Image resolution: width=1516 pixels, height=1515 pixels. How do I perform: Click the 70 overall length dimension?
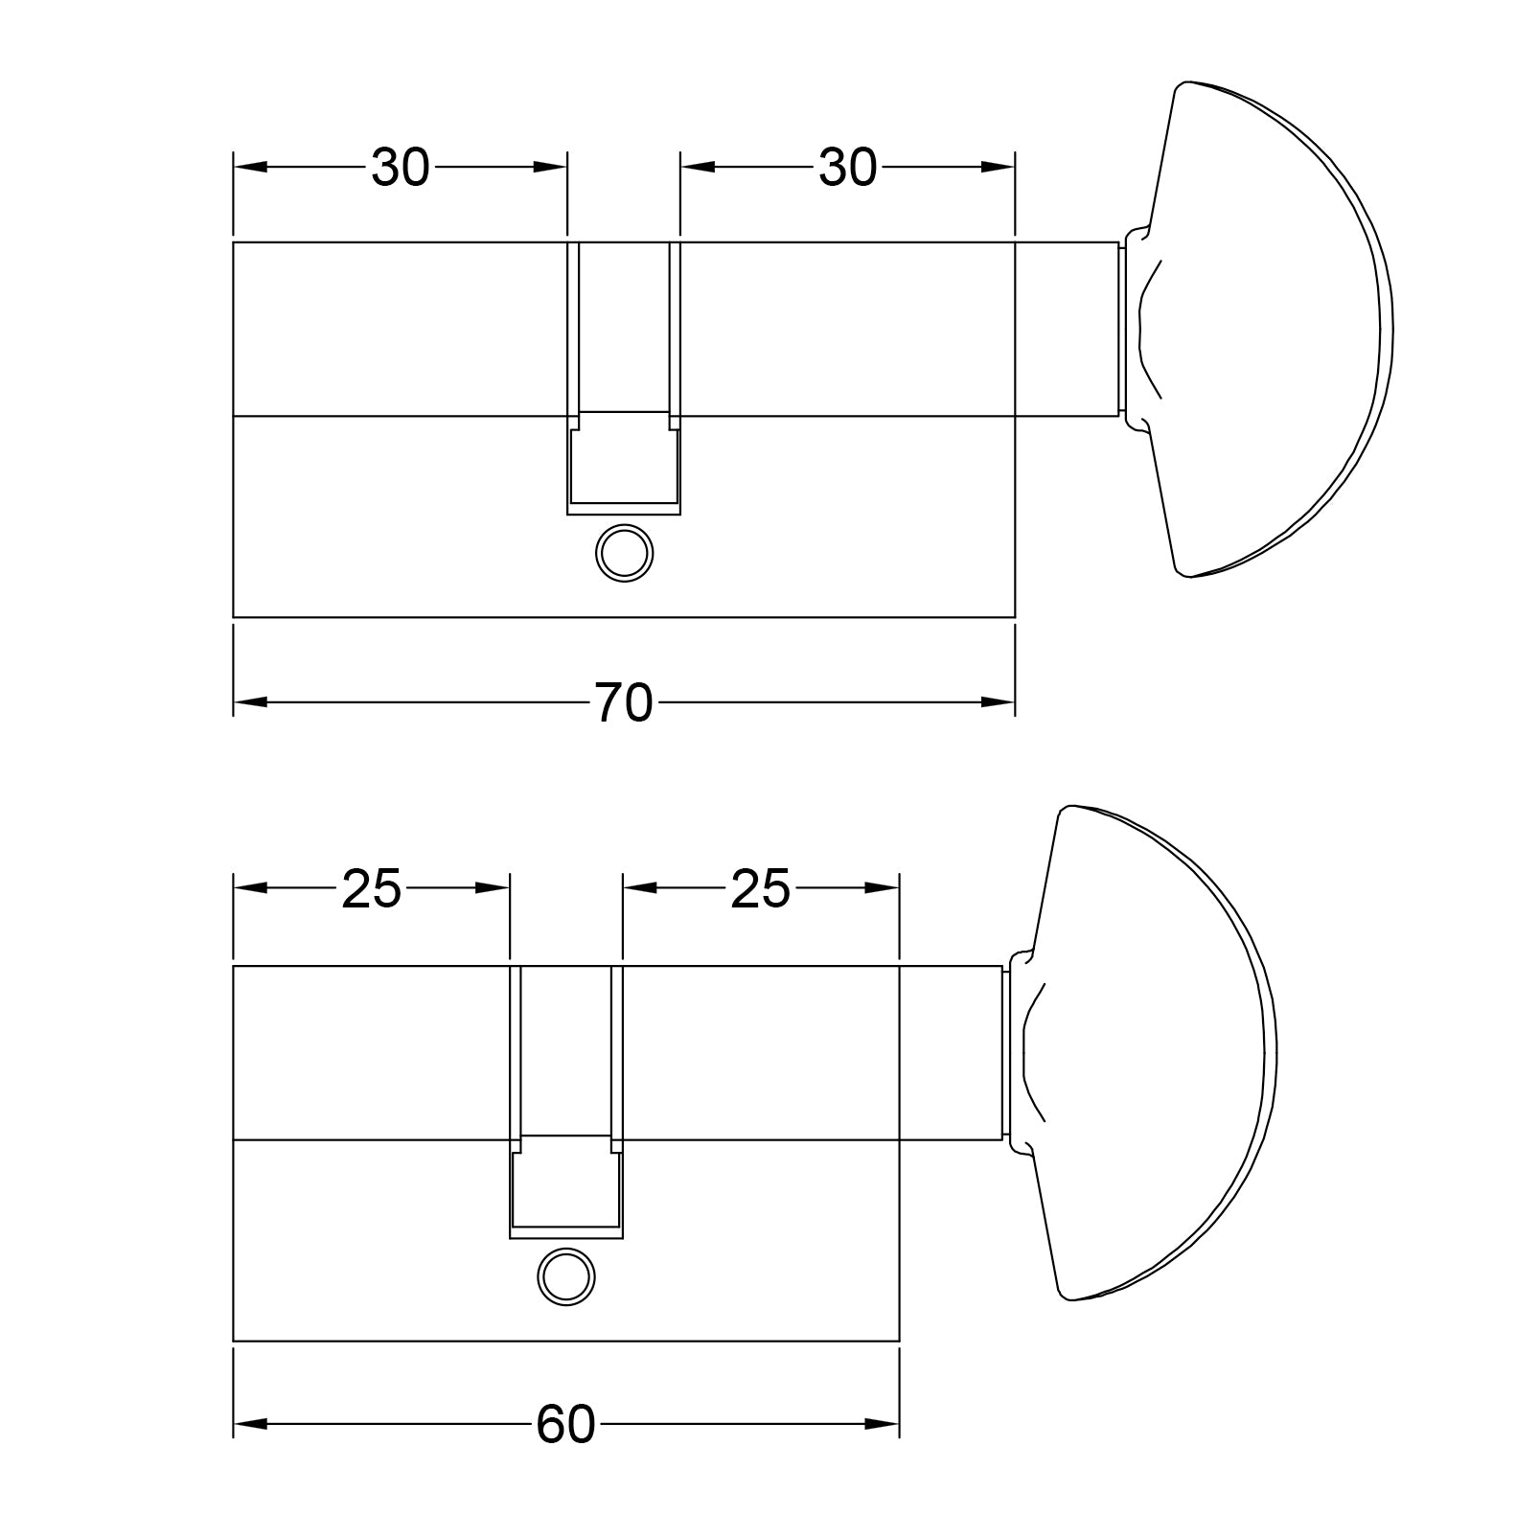[624, 702]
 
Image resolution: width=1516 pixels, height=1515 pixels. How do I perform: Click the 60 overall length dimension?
[565, 1425]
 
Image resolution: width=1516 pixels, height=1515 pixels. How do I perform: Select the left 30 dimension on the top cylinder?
[401, 168]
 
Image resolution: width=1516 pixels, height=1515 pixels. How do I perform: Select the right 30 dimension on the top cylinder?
[847, 168]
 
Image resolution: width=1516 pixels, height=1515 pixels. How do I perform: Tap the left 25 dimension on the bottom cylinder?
[372, 889]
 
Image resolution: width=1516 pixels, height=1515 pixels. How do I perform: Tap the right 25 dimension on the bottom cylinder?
[760, 889]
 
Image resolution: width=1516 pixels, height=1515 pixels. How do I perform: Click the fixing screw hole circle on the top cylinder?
[625, 552]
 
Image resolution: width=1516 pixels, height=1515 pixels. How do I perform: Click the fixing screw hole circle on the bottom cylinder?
[567, 1275]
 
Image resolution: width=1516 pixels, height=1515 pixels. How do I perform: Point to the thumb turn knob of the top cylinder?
[1275, 331]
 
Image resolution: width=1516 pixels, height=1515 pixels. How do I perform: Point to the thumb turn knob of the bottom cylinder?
[1160, 1054]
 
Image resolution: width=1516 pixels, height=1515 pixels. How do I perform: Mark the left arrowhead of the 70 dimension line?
[249, 702]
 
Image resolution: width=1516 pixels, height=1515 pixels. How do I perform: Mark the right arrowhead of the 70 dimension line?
[999, 702]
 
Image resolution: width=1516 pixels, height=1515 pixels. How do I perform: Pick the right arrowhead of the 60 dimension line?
[884, 1425]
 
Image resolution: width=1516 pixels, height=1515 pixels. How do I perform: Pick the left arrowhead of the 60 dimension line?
[249, 1425]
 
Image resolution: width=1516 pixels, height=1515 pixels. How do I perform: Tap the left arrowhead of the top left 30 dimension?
[249, 168]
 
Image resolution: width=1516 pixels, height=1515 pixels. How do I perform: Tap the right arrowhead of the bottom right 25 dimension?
[884, 889]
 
